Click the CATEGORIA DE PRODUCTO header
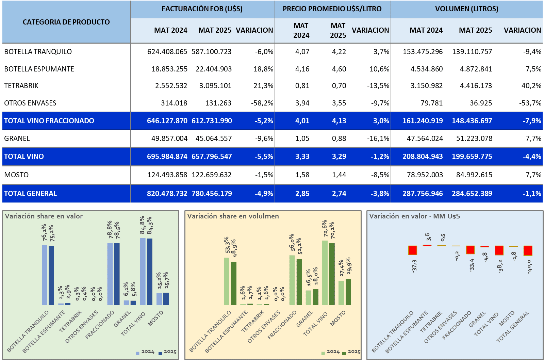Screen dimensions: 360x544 click(66, 22)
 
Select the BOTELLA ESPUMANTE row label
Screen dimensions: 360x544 click(39, 69)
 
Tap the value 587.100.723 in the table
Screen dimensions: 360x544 click(211, 52)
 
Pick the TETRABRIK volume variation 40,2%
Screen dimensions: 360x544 click(531, 86)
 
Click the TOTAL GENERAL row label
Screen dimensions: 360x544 click(31, 194)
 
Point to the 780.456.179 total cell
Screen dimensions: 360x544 click(212, 194)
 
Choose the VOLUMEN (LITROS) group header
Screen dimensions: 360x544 click(466, 9)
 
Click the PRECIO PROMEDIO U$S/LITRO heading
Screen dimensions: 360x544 click(332, 9)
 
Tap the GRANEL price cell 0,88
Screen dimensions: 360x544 click(339, 138)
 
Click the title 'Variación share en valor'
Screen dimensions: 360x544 click(44, 216)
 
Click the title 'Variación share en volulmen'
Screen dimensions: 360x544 click(233, 216)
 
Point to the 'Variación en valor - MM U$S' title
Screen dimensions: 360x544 click(414, 216)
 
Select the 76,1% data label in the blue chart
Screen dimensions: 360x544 click(45, 233)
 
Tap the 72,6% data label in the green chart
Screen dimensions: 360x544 click(325, 229)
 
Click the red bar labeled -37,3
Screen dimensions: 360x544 click(413, 250)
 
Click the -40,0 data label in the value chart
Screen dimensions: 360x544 click(529, 266)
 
